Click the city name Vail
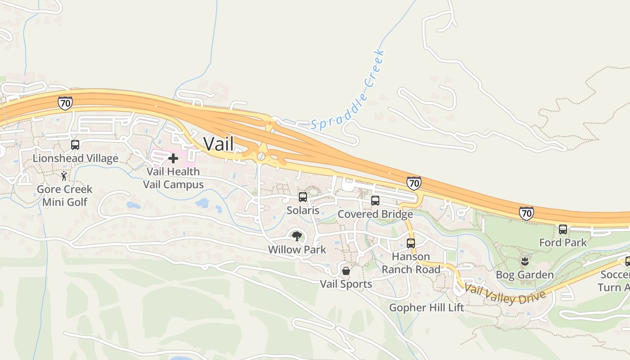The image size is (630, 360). point(218,144)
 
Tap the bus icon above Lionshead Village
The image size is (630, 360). point(75,145)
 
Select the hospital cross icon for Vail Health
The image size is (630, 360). point(173,158)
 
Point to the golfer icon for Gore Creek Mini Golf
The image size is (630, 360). point(64,175)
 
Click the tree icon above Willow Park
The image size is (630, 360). point(297,235)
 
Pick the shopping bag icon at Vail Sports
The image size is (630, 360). point(346,270)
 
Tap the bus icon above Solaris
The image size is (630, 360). point(303,197)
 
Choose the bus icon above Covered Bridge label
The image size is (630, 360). point(375,201)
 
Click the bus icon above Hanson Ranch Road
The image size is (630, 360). point(411,243)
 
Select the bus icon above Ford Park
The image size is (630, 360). point(563,229)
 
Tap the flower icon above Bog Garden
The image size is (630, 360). point(525,261)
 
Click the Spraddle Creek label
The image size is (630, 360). point(349,90)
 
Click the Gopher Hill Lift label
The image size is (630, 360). point(426,308)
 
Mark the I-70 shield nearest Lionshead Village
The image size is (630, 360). point(65,103)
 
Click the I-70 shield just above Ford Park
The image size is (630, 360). point(526,213)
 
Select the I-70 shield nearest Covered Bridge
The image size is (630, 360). point(414,183)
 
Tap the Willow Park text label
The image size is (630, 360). point(297,249)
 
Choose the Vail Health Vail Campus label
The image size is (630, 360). point(173,178)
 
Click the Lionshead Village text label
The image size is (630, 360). point(76,158)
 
